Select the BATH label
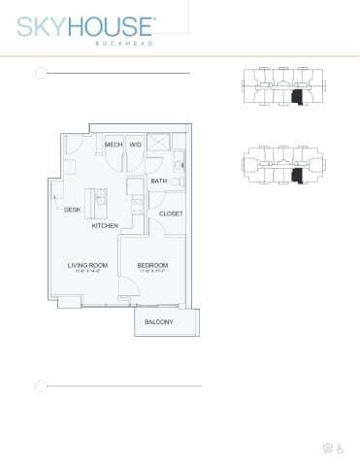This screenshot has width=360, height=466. coord(158,181)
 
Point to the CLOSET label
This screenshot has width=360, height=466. coord(171,213)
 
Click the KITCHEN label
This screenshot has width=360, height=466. coord(105,225)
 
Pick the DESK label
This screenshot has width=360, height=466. coord(72,210)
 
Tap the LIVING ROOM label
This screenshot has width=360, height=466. coord(86,265)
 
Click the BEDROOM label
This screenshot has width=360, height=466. coord(152,265)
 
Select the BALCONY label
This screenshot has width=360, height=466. coord(159,322)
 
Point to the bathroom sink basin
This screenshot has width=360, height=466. coord(180,165)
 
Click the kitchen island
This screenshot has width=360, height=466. coord(98,202)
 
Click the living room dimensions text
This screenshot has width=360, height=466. coord(86,273)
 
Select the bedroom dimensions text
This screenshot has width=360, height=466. coord(152,273)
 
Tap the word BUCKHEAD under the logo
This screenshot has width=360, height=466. coord(129,43)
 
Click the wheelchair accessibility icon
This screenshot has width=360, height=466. coord(341,448)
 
